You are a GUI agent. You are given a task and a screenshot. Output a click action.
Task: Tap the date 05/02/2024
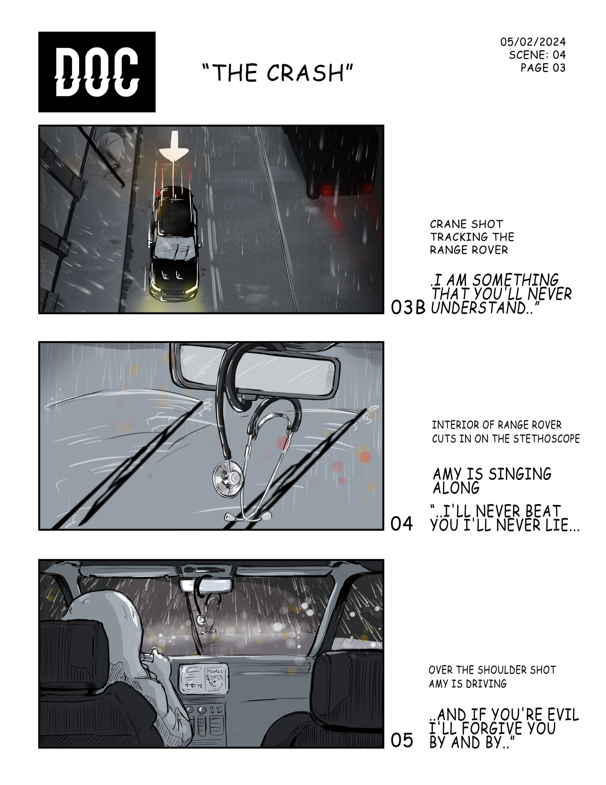click(x=533, y=42)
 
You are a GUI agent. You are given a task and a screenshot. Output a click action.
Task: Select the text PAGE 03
click(x=543, y=67)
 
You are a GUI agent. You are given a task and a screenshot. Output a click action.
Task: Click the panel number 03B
click(x=408, y=307)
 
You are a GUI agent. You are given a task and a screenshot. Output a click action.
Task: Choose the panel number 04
click(x=401, y=523)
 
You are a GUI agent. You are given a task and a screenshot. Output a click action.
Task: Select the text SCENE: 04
click(x=537, y=55)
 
